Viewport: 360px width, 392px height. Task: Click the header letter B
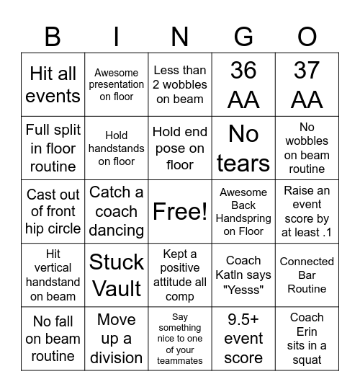53,36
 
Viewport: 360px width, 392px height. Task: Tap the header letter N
180,36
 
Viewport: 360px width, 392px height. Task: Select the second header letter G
243,36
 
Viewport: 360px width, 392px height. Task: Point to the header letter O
307,36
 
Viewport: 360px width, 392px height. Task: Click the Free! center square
180,212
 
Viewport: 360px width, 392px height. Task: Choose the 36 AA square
243,84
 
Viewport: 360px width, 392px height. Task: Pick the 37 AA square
307,84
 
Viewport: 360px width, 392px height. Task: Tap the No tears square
243,148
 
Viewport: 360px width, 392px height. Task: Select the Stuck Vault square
117,275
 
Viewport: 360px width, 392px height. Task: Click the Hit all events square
53,84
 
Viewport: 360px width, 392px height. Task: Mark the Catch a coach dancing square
117,212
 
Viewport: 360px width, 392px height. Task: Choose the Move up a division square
117,338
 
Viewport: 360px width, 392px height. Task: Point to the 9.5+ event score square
243,338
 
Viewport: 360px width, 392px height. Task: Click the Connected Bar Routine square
307,275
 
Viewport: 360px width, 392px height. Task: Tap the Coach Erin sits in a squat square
307,338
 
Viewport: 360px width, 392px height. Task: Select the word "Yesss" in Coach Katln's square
243,288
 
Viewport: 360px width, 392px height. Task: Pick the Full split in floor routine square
53,148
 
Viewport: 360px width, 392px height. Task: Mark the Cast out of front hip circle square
53,212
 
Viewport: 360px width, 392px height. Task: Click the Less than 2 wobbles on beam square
180,84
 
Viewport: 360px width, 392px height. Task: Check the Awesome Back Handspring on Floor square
243,212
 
